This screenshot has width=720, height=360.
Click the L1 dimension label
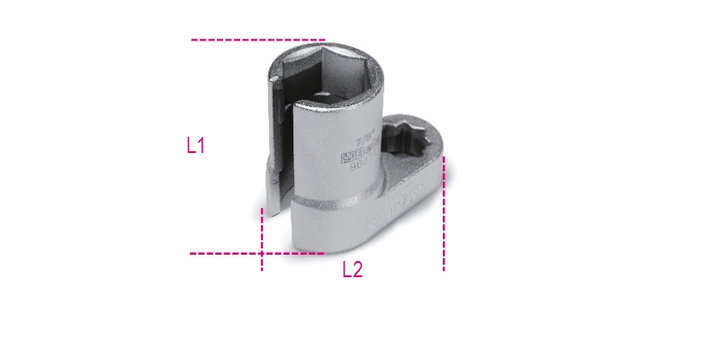(196, 147)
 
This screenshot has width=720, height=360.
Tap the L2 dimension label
(352, 269)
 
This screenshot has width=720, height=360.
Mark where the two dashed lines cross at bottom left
(261, 254)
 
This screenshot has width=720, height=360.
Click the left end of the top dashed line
(193, 40)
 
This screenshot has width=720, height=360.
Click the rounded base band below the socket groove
(333, 220)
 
